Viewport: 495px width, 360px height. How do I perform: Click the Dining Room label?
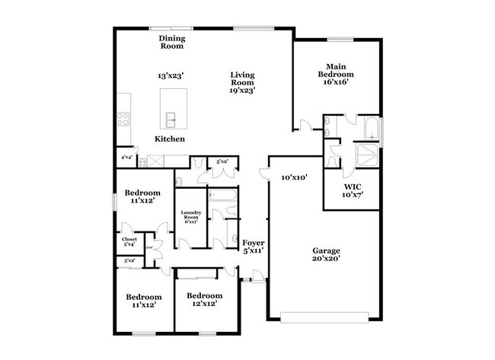pyautogui.click(x=172, y=42)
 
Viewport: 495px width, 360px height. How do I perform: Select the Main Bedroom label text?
pyautogui.click(x=336, y=71)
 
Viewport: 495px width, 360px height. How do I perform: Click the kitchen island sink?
pyautogui.click(x=173, y=119)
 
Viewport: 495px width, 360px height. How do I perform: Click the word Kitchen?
pyautogui.click(x=169, y=139)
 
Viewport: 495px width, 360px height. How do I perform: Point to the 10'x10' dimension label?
pyautogui.click(x=293, y=177)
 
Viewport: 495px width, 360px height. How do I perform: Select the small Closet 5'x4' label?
pyautogui.click(x=129, y=243)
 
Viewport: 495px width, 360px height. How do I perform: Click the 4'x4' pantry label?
pyautogui.click(x=126, y=158)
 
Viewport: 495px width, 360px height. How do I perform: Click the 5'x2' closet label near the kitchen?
pyautogui.click(x=222, y=161)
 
